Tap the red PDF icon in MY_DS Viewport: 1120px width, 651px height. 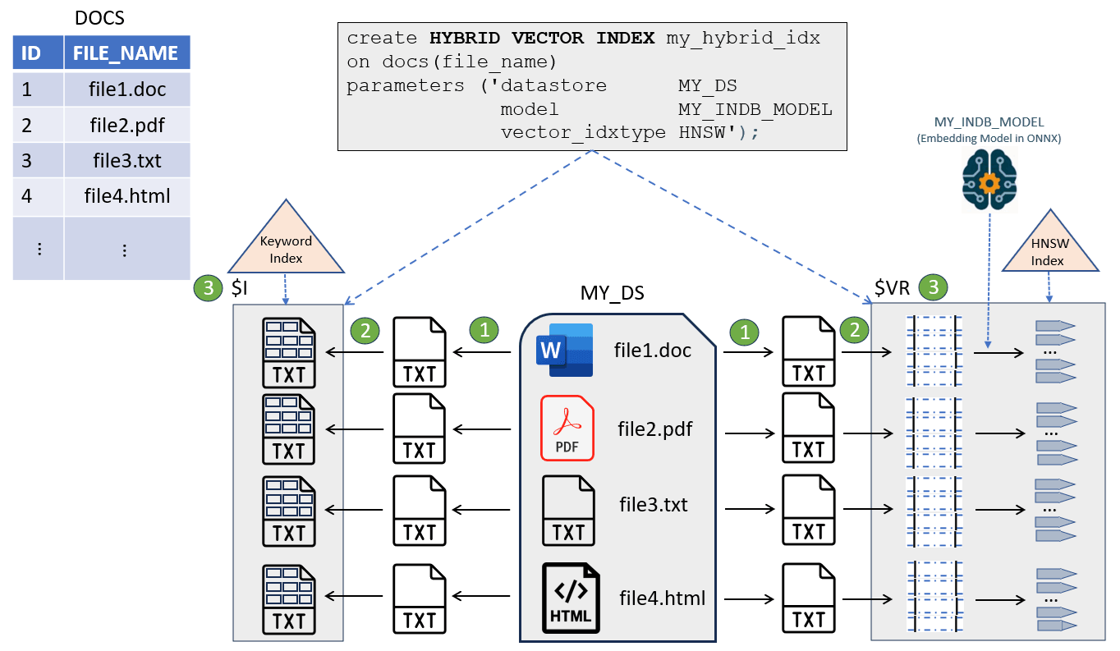coord(567,428)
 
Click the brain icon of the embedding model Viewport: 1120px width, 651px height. coord(989,180)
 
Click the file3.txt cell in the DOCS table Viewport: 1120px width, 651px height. coord(126,161)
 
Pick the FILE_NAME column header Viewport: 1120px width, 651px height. coord(126,53)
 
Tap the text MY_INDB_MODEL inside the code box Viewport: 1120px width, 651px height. coord(755,109)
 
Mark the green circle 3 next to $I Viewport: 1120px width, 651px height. coord(208,287)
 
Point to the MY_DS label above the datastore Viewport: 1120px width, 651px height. coord(612,293)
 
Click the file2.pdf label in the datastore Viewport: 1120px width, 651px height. coord(654,428)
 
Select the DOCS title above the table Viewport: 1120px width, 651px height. coord(99,16)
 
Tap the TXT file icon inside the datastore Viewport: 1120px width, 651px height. coord(568,510)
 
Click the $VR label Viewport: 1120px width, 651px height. coord(893,287)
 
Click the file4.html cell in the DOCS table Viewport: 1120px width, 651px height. coord(126,197)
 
